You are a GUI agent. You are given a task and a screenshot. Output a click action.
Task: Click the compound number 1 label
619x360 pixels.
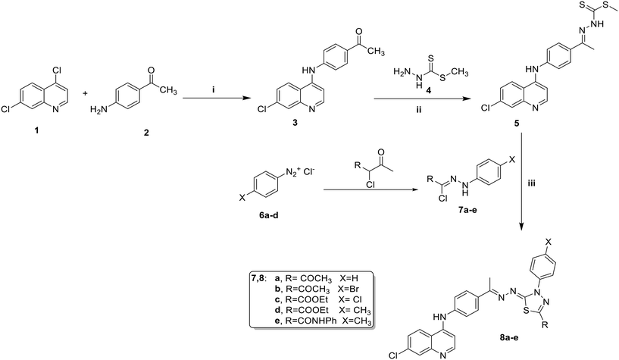click(x=36, y=130)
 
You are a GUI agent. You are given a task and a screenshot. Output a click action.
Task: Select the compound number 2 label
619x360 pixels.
click(x=146, y=133)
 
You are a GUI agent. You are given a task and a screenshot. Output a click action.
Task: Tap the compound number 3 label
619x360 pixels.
click(x=295, y=124)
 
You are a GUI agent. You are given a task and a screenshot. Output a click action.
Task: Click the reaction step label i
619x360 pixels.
click(x=214, y=90)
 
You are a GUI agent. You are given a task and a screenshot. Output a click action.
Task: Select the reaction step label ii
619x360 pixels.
click(x=419, y=110)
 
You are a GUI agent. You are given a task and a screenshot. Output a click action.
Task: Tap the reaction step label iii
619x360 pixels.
click(x=531, y=183)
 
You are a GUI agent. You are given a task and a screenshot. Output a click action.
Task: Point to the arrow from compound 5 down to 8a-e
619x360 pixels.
click(x=522, y=183)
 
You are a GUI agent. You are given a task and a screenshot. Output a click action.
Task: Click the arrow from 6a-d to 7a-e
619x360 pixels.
click(x=371, y=190)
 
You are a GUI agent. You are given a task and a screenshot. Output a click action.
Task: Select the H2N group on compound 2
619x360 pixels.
click(x=98, y=109)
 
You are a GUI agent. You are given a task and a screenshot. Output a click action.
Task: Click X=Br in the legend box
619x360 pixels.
click(x=350, y=288)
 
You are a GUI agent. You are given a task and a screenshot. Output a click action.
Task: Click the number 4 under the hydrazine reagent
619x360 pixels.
click(x=428, y=91)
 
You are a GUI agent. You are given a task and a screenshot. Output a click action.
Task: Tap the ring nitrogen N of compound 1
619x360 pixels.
click(x=55, y=109)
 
